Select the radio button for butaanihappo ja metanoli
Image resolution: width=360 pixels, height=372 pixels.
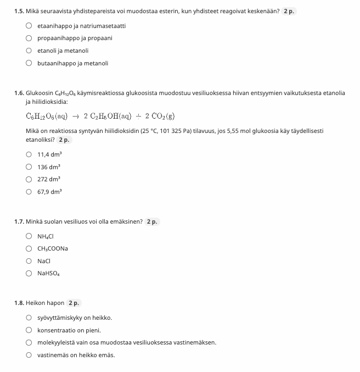[x=29, y=63]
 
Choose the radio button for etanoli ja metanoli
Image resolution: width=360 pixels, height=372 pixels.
[x=29, y=51]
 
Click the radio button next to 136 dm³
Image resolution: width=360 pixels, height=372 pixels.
[x=29, y=166]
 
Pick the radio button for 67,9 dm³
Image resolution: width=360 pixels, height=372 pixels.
[x=29, y=192]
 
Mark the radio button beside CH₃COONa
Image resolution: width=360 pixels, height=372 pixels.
[x=29, y=248]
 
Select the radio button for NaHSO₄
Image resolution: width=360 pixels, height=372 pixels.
[x=29, y=273]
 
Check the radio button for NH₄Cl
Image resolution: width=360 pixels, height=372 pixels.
[x=29, y=236]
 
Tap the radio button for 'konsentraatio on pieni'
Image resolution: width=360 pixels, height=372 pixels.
[x=29, y=330]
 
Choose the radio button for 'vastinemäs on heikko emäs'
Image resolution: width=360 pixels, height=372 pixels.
[x=29, y=355]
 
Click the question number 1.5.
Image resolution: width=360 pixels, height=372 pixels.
[x=19, y=11]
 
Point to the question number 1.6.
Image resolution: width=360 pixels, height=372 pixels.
[x=19, y=93]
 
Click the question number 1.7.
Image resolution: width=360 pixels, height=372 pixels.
[x=19, y=221]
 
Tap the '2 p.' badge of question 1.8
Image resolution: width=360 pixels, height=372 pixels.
[x=74, y=303]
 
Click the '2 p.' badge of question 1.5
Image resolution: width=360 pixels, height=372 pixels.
[x=290, y=11]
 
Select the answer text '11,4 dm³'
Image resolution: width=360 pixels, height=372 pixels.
[x=49, y=154]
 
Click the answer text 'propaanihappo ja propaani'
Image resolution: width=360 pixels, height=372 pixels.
[x=75, y=38]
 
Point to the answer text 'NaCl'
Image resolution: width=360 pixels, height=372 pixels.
[x=44, y=261]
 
